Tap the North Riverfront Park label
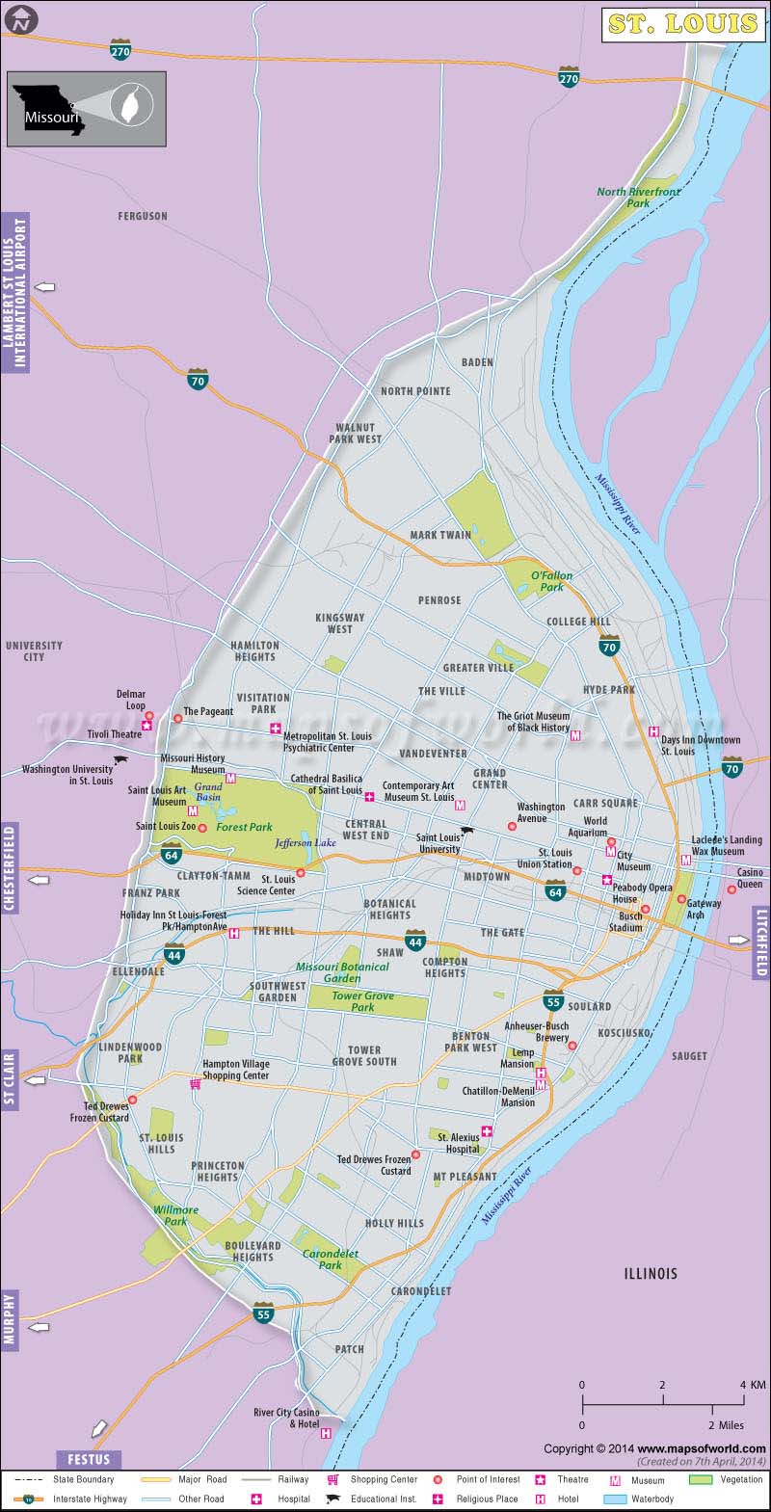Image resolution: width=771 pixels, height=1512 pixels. coord(638,198)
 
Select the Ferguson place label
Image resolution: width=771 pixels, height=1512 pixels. coord(143,217)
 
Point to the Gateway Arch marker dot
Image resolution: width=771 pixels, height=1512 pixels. coord(681,899)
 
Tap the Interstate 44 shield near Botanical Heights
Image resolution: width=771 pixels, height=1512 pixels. coord(415,942)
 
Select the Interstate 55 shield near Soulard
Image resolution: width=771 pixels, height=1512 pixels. coord(552,1002)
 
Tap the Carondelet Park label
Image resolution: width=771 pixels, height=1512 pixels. coord(322,1259)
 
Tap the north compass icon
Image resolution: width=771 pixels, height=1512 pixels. coord(17,17)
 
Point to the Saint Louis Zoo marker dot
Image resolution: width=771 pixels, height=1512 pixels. coord(202,827)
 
